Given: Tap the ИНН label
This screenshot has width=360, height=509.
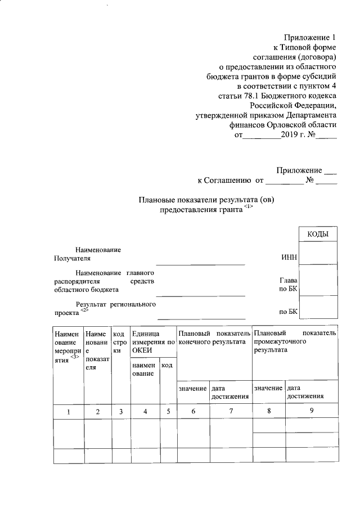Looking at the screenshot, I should click(289, 258).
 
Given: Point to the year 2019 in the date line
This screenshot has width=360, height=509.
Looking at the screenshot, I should click(291, 135).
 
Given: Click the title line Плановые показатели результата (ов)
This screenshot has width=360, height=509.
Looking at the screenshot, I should click(210, 199).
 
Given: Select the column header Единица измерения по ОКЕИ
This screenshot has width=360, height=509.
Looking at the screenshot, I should click(153, 342).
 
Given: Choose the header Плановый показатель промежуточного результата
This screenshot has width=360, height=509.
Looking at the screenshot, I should click(295, 341).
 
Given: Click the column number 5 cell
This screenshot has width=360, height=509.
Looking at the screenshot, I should click(168, 412).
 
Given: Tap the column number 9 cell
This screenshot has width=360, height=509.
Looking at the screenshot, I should click(312, 411).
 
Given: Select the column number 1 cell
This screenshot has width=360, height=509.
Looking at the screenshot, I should click(68, 412).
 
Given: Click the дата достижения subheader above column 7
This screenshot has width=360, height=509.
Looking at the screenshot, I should click(230, 392).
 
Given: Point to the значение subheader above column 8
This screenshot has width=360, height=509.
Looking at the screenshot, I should click(268, 388).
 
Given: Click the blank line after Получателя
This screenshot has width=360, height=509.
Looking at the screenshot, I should click(200, 262).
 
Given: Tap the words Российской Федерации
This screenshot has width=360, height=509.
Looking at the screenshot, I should click(293, 105).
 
